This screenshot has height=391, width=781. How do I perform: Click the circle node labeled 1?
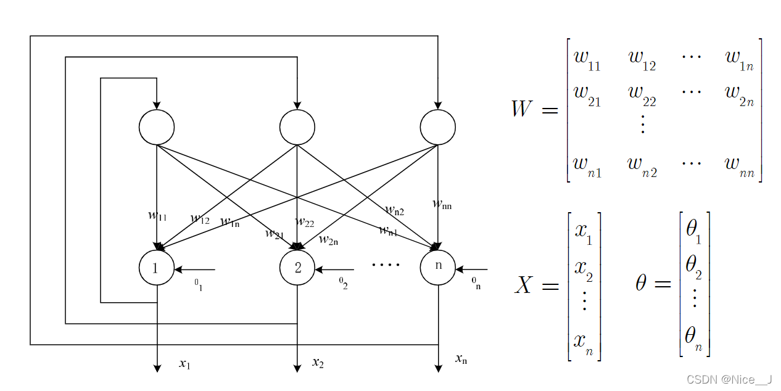(x=157, y=268)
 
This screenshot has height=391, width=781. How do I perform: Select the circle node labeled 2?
(x=297, y=268)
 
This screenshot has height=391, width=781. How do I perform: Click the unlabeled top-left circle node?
(x=157, y=128)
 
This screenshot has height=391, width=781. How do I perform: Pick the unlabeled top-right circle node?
(x=438, y=128)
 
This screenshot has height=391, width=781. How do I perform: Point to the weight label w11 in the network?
(x=157, y=215)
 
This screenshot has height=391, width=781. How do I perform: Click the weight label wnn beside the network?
(x=442, y=204)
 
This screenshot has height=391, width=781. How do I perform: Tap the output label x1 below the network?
(x=184, y=364)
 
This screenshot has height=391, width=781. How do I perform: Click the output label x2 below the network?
(x=318, y=363)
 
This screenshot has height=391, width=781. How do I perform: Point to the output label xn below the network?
(x=460, y=358)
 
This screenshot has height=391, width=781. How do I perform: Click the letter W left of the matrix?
(x=522, y=110)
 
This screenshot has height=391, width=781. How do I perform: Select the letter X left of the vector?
(x=523, y=285)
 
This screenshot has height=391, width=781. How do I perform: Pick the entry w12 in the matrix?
(x=642, y=59)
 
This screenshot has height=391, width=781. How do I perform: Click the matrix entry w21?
(x=587, y=96)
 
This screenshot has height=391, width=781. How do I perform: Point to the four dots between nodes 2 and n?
(x=386, y=265)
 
